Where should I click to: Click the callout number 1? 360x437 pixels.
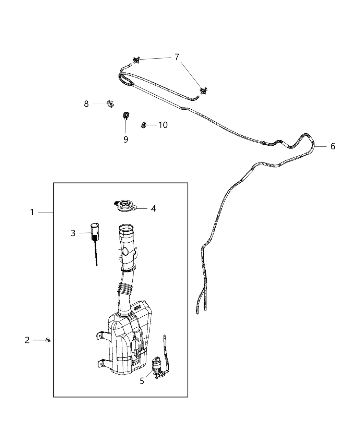pos(32,213)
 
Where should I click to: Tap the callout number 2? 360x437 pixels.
pos(27,340)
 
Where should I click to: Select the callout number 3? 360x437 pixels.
pos(73,233)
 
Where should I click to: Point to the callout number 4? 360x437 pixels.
pos(153,208)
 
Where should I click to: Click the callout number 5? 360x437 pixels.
pos(142,381)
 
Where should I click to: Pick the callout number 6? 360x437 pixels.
pos(333,146)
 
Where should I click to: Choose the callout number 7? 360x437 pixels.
pos(177,57)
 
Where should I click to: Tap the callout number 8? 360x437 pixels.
pos(86,104)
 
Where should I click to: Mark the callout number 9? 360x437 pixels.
pos(125,139)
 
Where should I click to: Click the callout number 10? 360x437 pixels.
pos(163,125)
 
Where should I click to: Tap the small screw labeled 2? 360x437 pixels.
pos(48,340)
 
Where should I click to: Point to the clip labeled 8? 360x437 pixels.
pos(110,103)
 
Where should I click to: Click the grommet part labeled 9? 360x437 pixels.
pos(125,116)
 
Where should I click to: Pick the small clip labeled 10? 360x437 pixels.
pos(144,125)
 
